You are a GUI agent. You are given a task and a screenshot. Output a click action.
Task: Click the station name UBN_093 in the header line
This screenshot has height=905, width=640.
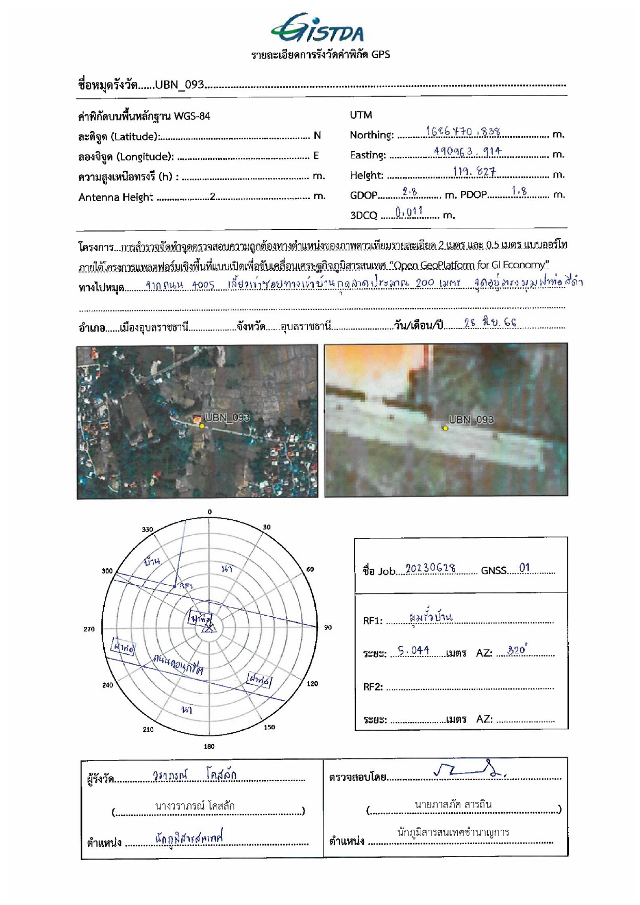pos(180,85)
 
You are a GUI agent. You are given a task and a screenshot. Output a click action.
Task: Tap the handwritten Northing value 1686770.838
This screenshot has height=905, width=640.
pos(463,131)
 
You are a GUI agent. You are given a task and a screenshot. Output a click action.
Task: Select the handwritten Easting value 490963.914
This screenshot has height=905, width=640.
pos(467,151)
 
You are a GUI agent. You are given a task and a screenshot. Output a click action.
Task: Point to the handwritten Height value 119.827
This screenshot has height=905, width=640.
pos(474,171)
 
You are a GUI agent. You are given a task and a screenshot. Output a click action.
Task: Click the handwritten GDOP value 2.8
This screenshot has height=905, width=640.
pos(410,191)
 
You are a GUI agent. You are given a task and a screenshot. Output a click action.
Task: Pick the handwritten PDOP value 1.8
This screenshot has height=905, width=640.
pos(519,191)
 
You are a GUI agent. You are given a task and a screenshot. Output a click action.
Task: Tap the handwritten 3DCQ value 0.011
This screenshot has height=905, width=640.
pos(409,211)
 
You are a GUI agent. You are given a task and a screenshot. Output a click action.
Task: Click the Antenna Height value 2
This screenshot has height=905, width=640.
pos(212,196)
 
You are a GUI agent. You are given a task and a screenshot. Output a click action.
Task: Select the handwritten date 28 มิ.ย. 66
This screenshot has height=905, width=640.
pos(490,323)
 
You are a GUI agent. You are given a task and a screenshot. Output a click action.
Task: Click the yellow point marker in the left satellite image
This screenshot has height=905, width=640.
pos(202,426)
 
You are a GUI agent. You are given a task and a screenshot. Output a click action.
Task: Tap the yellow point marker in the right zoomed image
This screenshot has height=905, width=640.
pos(445,428)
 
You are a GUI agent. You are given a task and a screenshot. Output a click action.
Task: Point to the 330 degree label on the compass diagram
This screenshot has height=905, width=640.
pos(148,530)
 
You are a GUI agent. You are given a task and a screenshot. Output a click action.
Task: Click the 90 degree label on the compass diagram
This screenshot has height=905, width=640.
pos(328,628)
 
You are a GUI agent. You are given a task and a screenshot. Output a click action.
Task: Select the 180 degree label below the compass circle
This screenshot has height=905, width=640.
pos(209,746)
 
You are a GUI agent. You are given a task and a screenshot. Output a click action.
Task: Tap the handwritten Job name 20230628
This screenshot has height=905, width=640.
pos(430,568)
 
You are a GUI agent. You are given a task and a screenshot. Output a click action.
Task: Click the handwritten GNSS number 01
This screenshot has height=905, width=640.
pos(524,568)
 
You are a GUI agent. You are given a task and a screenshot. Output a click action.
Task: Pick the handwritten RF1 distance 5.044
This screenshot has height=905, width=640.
pos(413,650)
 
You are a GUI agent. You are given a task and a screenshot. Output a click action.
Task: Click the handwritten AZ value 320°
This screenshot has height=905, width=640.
pos(518,650)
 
